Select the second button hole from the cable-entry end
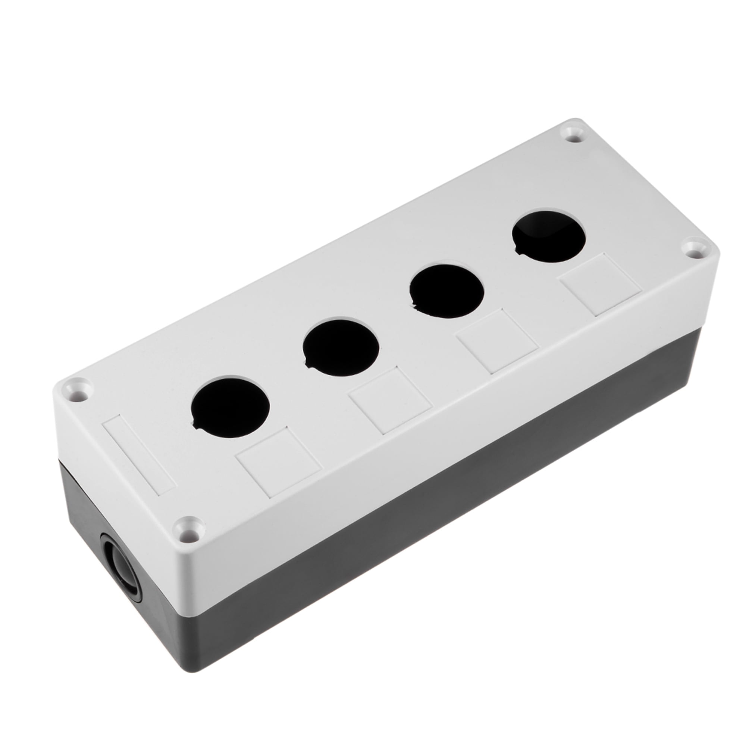tap(341, 348)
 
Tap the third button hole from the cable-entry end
tap(447, 290)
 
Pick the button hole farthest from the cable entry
tap(549, 236)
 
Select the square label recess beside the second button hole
tap(390, 402)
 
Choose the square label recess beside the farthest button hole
tap(601, 285)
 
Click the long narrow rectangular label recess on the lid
tap(139, 454)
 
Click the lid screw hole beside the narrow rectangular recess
tap(79, 389)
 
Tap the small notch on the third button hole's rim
tap(415, 307)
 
